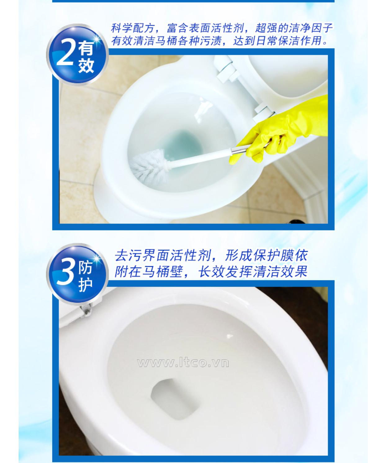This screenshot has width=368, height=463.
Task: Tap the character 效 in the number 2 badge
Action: (x=86, y=66)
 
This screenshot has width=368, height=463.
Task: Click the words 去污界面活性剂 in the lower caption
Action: (x=163, y=256)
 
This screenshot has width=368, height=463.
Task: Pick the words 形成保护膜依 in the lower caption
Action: (x=266, y=256)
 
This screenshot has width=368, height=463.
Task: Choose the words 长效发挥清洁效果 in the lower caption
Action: (x=252, y=272)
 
